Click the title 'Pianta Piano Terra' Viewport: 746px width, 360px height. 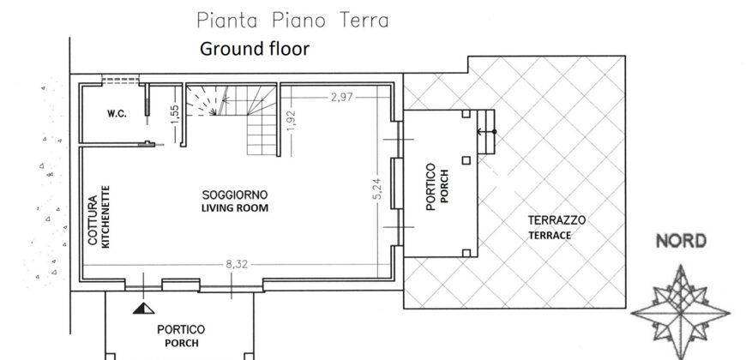tap(292, 21)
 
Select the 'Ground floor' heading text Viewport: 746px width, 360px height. tap(255, 49)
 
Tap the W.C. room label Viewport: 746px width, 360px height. tap(117, 114)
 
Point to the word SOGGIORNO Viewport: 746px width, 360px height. tap(235, 195)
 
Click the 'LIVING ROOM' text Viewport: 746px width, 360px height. tap(235, 208)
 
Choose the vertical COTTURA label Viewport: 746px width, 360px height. tap(93, 220)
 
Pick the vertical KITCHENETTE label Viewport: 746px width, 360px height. tap(105, 216)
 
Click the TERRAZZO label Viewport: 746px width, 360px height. tap(556, 220)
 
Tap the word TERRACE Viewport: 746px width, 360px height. tap(550, 236)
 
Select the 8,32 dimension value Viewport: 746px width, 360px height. tap(237, 265)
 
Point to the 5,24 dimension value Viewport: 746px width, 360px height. tap(377, 189)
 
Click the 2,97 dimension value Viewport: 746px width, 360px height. tap(341, 97)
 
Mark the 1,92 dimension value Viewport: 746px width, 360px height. tap(292, 122)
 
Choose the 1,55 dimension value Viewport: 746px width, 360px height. tap(175, 116)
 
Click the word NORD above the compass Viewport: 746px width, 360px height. tap(681, 242)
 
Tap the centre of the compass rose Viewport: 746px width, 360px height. tap(681, 313)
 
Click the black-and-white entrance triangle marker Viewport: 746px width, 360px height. tap(144, 309)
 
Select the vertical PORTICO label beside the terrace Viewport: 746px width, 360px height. tap(430, 187)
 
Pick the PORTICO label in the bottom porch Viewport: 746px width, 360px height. tap(181, 329)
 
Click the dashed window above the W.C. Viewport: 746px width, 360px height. tap(120, 80)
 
